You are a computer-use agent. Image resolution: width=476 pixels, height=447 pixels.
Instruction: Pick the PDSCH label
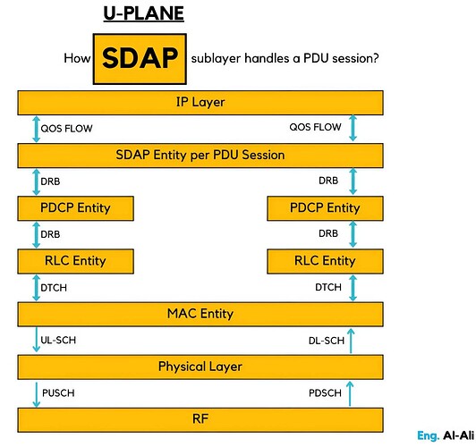pos(323,392)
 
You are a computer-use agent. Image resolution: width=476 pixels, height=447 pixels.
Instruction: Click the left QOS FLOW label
pos(64,128)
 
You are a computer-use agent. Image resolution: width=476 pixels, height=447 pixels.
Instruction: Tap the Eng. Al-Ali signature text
pos(445,435)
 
